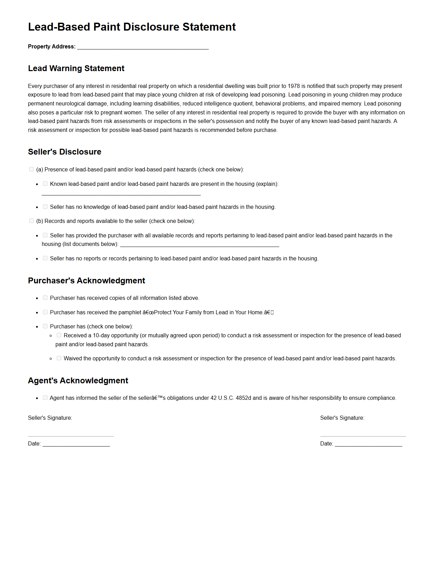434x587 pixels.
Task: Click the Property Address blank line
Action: [143, 47]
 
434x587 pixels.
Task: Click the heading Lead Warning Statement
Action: [76, 68]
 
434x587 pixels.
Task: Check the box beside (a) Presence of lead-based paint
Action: [31, 169]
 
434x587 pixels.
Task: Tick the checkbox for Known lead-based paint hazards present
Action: [45, 184]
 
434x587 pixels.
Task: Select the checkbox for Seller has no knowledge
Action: [45, 207]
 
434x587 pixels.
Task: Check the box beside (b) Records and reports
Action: [31, 221]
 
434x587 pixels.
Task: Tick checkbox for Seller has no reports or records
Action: [45, 258]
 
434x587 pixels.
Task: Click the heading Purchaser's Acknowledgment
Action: [86, 281]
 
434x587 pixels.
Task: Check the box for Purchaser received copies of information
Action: [45, 298]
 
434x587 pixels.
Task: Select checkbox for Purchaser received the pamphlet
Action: [45, 312]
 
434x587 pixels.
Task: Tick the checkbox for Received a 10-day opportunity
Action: [59, 335]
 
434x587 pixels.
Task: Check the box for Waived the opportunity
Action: [59, 358]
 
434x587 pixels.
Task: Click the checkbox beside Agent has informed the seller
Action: [45, 398]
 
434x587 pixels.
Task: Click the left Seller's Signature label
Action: [50, 418]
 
